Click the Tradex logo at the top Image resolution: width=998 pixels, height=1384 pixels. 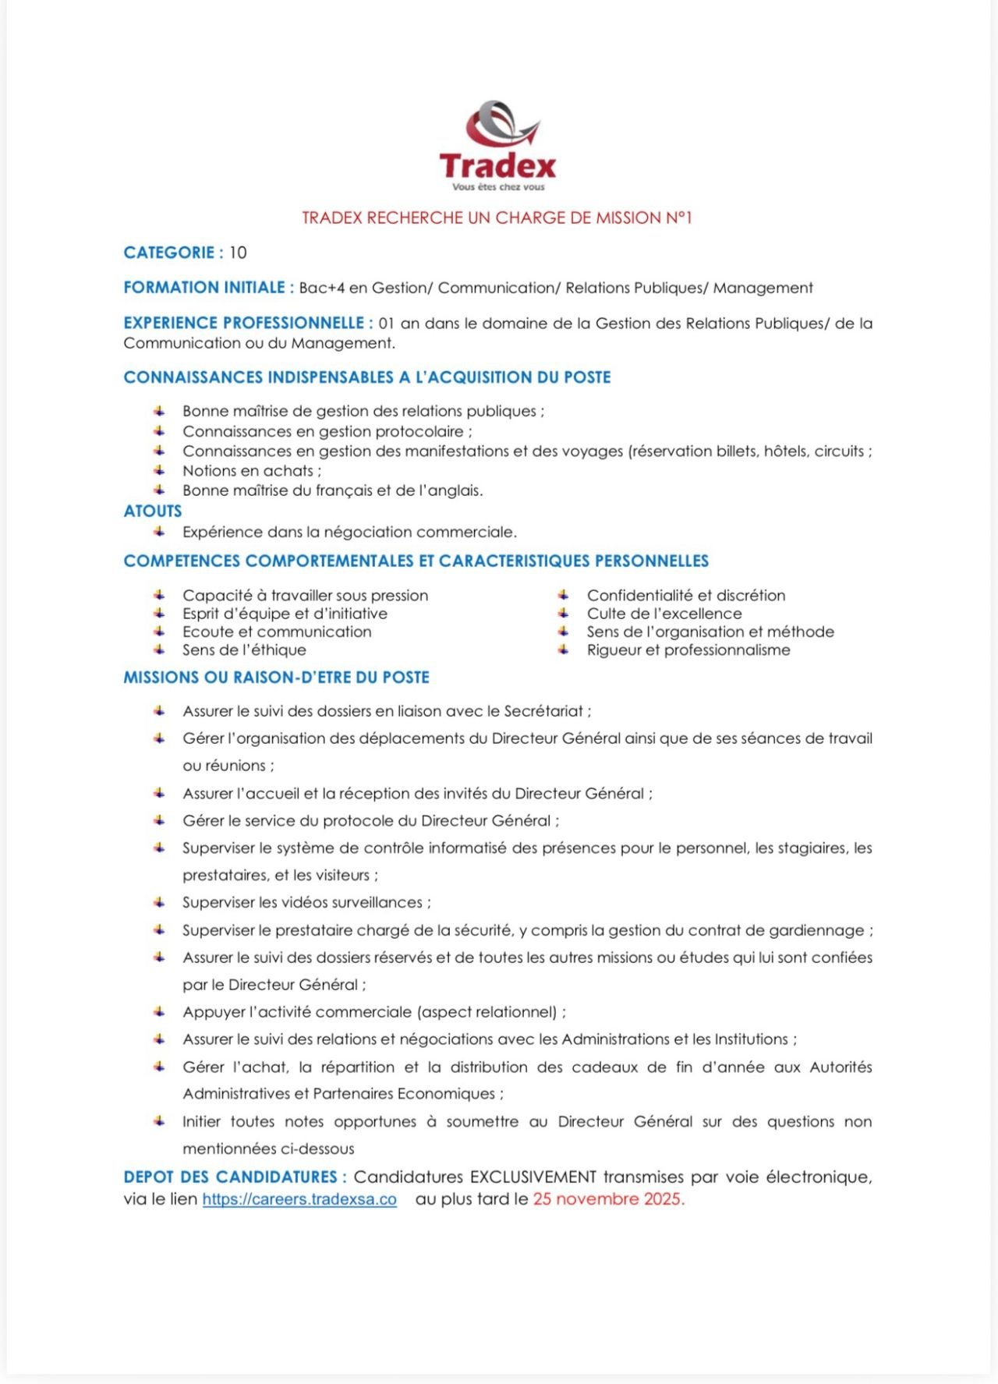(x=497, y=144)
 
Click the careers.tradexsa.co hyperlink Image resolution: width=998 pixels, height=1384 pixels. (x=299, y=1199)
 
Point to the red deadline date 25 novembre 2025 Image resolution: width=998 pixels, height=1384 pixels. (x=608, y=1199)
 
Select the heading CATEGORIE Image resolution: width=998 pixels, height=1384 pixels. (x=169, y=253)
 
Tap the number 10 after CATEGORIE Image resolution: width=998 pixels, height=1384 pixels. (x=238, y=253)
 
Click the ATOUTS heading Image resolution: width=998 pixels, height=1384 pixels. (x=153, y=511)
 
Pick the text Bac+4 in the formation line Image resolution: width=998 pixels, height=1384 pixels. (x=321, y=288)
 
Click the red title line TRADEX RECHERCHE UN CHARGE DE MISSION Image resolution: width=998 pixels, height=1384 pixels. (x=497, y=218)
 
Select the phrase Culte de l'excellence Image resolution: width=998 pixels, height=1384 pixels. (x=664, y=614)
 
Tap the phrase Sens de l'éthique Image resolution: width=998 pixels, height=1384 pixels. (x=244, y=650)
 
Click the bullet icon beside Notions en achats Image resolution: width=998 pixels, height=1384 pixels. (x=159, y=470)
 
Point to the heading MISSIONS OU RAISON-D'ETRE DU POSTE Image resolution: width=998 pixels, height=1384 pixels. (x=276, y=678)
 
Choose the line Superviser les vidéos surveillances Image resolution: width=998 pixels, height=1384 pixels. (x=306, y=903)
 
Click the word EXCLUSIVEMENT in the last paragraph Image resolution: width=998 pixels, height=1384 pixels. (x=533, y=1177)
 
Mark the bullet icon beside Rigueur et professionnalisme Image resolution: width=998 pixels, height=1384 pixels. (x=563, y=650)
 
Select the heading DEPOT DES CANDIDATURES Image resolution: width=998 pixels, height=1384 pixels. (x=231, y=1177)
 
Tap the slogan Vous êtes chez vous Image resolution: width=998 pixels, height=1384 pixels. (x=498, y=187)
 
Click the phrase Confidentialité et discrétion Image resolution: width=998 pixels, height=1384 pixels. (x=686, y=596)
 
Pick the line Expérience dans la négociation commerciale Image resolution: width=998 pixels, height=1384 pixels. (x=349, y=533)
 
